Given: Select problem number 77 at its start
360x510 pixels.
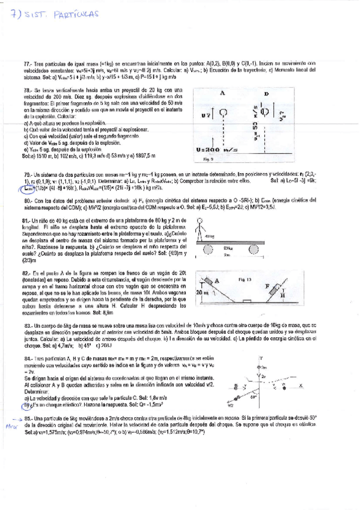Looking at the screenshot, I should tap(27, 63).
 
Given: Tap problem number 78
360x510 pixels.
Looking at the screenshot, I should tap(27, 90).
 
